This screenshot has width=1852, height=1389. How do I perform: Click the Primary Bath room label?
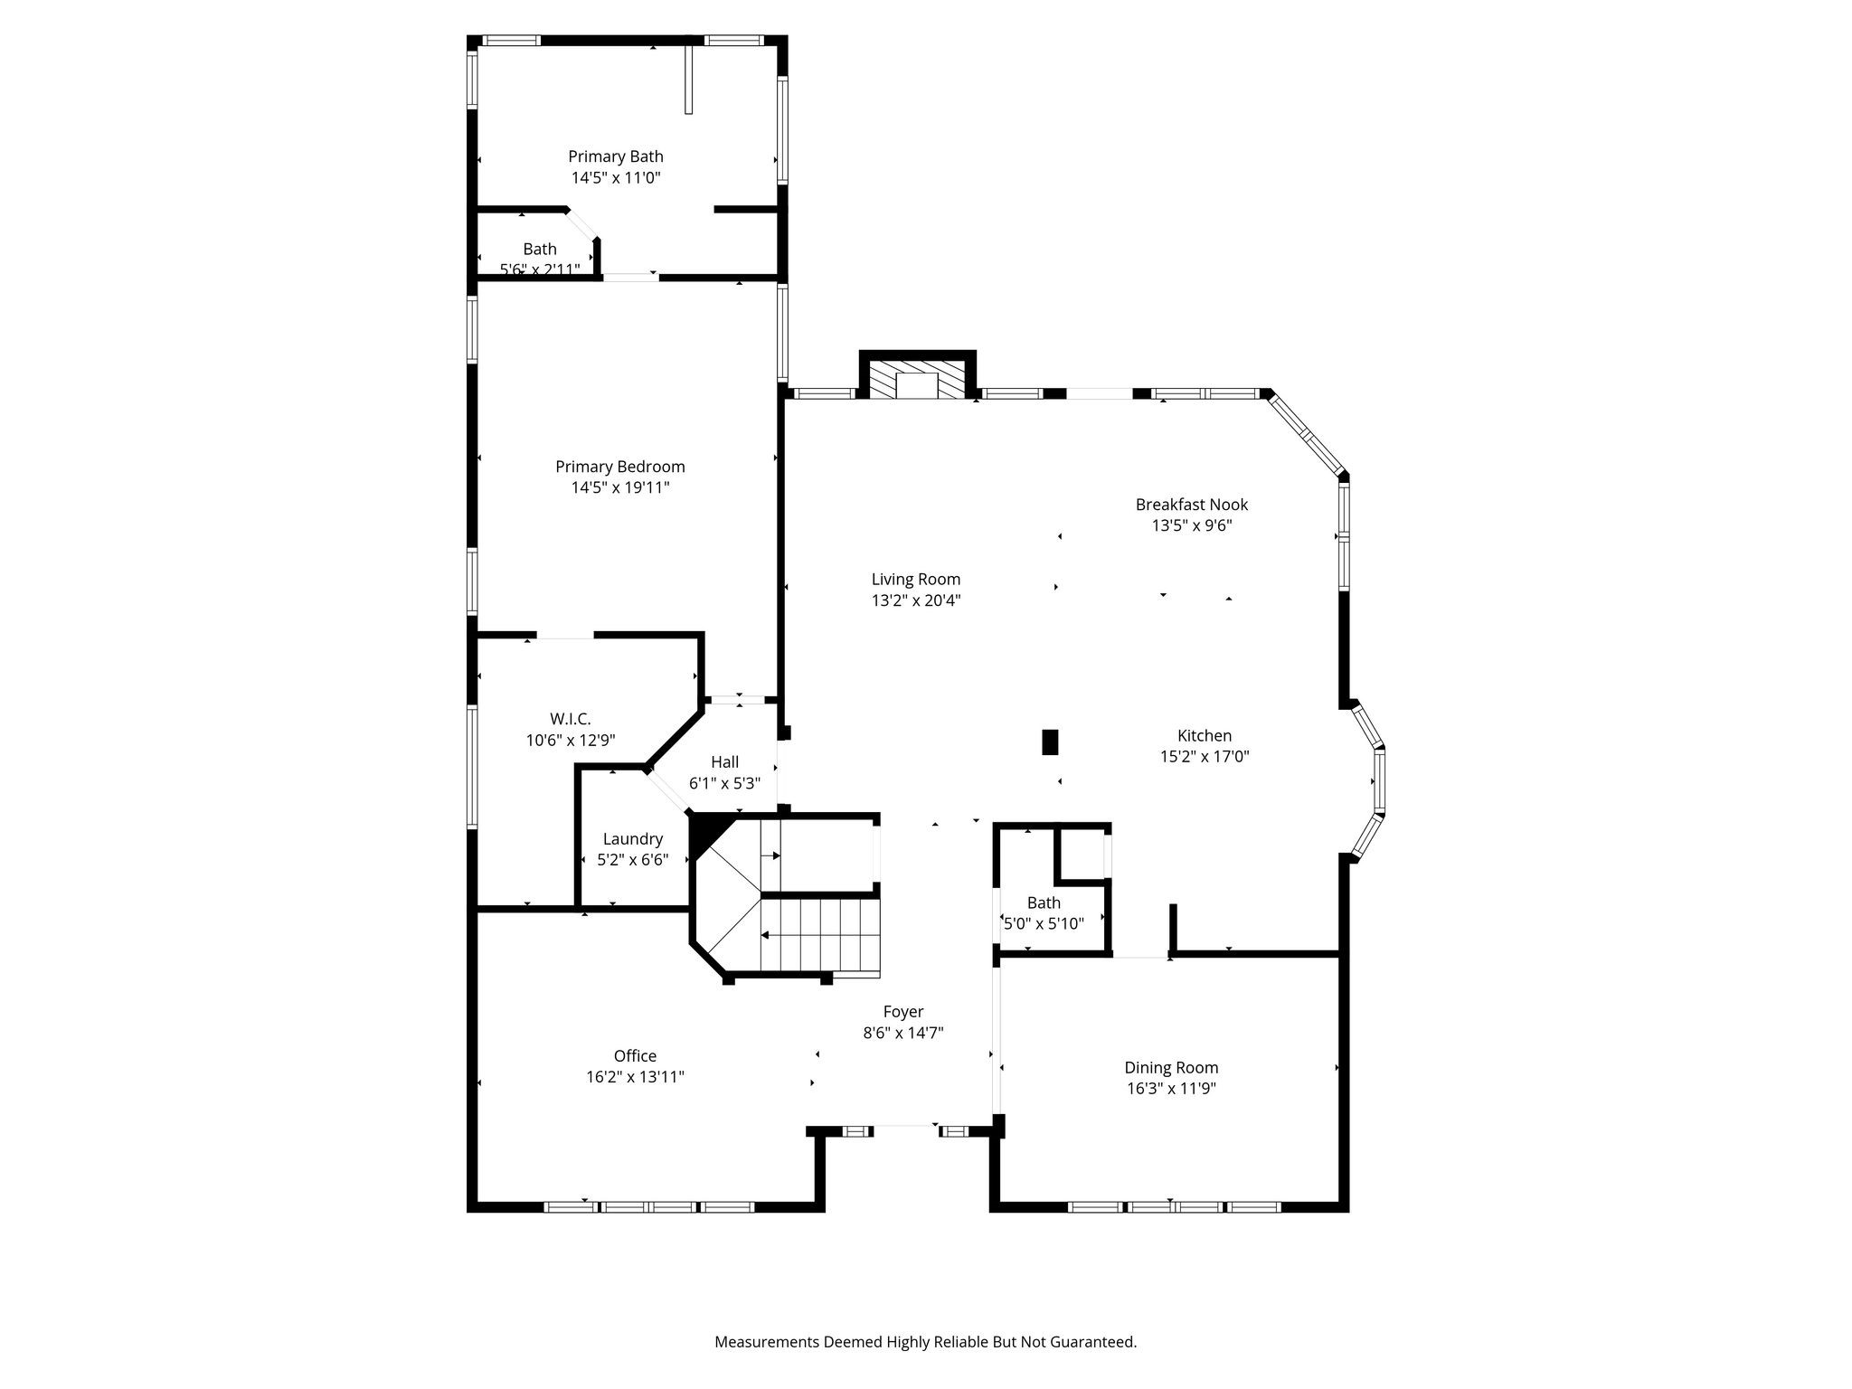click(615, 156)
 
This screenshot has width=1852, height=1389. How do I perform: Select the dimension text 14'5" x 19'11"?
click(619, 487)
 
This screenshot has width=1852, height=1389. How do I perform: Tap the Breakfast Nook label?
click(1191, 505)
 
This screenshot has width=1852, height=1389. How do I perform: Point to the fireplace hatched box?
click(918, 380)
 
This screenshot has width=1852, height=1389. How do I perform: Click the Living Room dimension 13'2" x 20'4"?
click(915, 600)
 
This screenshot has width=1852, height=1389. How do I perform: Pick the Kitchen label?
click(1204, 735)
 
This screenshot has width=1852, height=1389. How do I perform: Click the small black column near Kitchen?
click(1050, 742)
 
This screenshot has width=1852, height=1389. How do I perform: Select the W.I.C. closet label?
click(570, 719)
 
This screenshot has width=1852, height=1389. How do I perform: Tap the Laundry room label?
click(632, 838)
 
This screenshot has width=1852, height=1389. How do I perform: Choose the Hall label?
click(724, 761)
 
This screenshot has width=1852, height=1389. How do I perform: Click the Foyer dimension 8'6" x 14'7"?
click(902, 1033)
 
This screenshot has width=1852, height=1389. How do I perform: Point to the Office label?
click(635, 1055)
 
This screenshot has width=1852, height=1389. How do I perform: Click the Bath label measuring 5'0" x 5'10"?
click(1044, 902)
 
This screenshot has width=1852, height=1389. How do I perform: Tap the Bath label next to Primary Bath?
click(539, 249)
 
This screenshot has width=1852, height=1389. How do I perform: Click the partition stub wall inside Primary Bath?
click(688, 80)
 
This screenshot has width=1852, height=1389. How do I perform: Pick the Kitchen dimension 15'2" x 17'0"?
click(1204, 756)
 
